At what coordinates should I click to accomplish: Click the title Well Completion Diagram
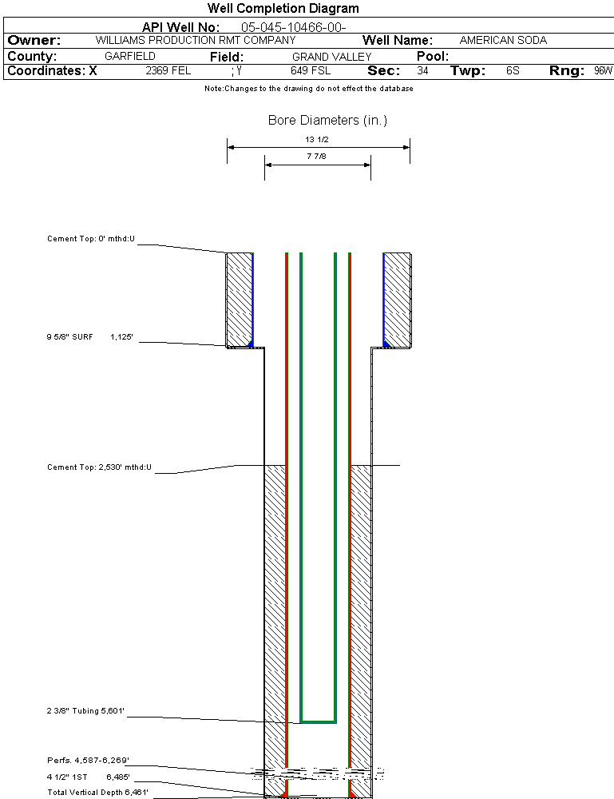click(x=283, y=9)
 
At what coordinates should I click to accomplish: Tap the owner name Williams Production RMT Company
click(x=195, y=40)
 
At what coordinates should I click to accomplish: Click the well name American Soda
click(x=503, y=40)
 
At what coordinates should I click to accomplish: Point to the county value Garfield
click(x=130, y=57)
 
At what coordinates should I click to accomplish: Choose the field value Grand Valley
click(x=331, y=57)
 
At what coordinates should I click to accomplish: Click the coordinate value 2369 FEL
click(x=168, y=71)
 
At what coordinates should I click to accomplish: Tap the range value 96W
click(x=603, y=71)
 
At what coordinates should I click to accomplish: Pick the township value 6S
click(x=513, y=71)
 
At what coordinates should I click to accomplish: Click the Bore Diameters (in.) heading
click(x=327, y=121)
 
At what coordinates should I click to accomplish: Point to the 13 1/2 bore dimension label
click(x=317, y=139)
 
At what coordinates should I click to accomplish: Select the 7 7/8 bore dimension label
click(x=317, y=157)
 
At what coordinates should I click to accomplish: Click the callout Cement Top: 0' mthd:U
click(x=91, y=239)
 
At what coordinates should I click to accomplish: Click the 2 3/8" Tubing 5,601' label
click(x=85, y=710)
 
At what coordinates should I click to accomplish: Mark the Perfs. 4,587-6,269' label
click(x=88, y=760)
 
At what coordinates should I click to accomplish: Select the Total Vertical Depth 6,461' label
click(x=97, y=792)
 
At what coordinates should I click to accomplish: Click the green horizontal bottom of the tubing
click(x=318, y=722)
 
